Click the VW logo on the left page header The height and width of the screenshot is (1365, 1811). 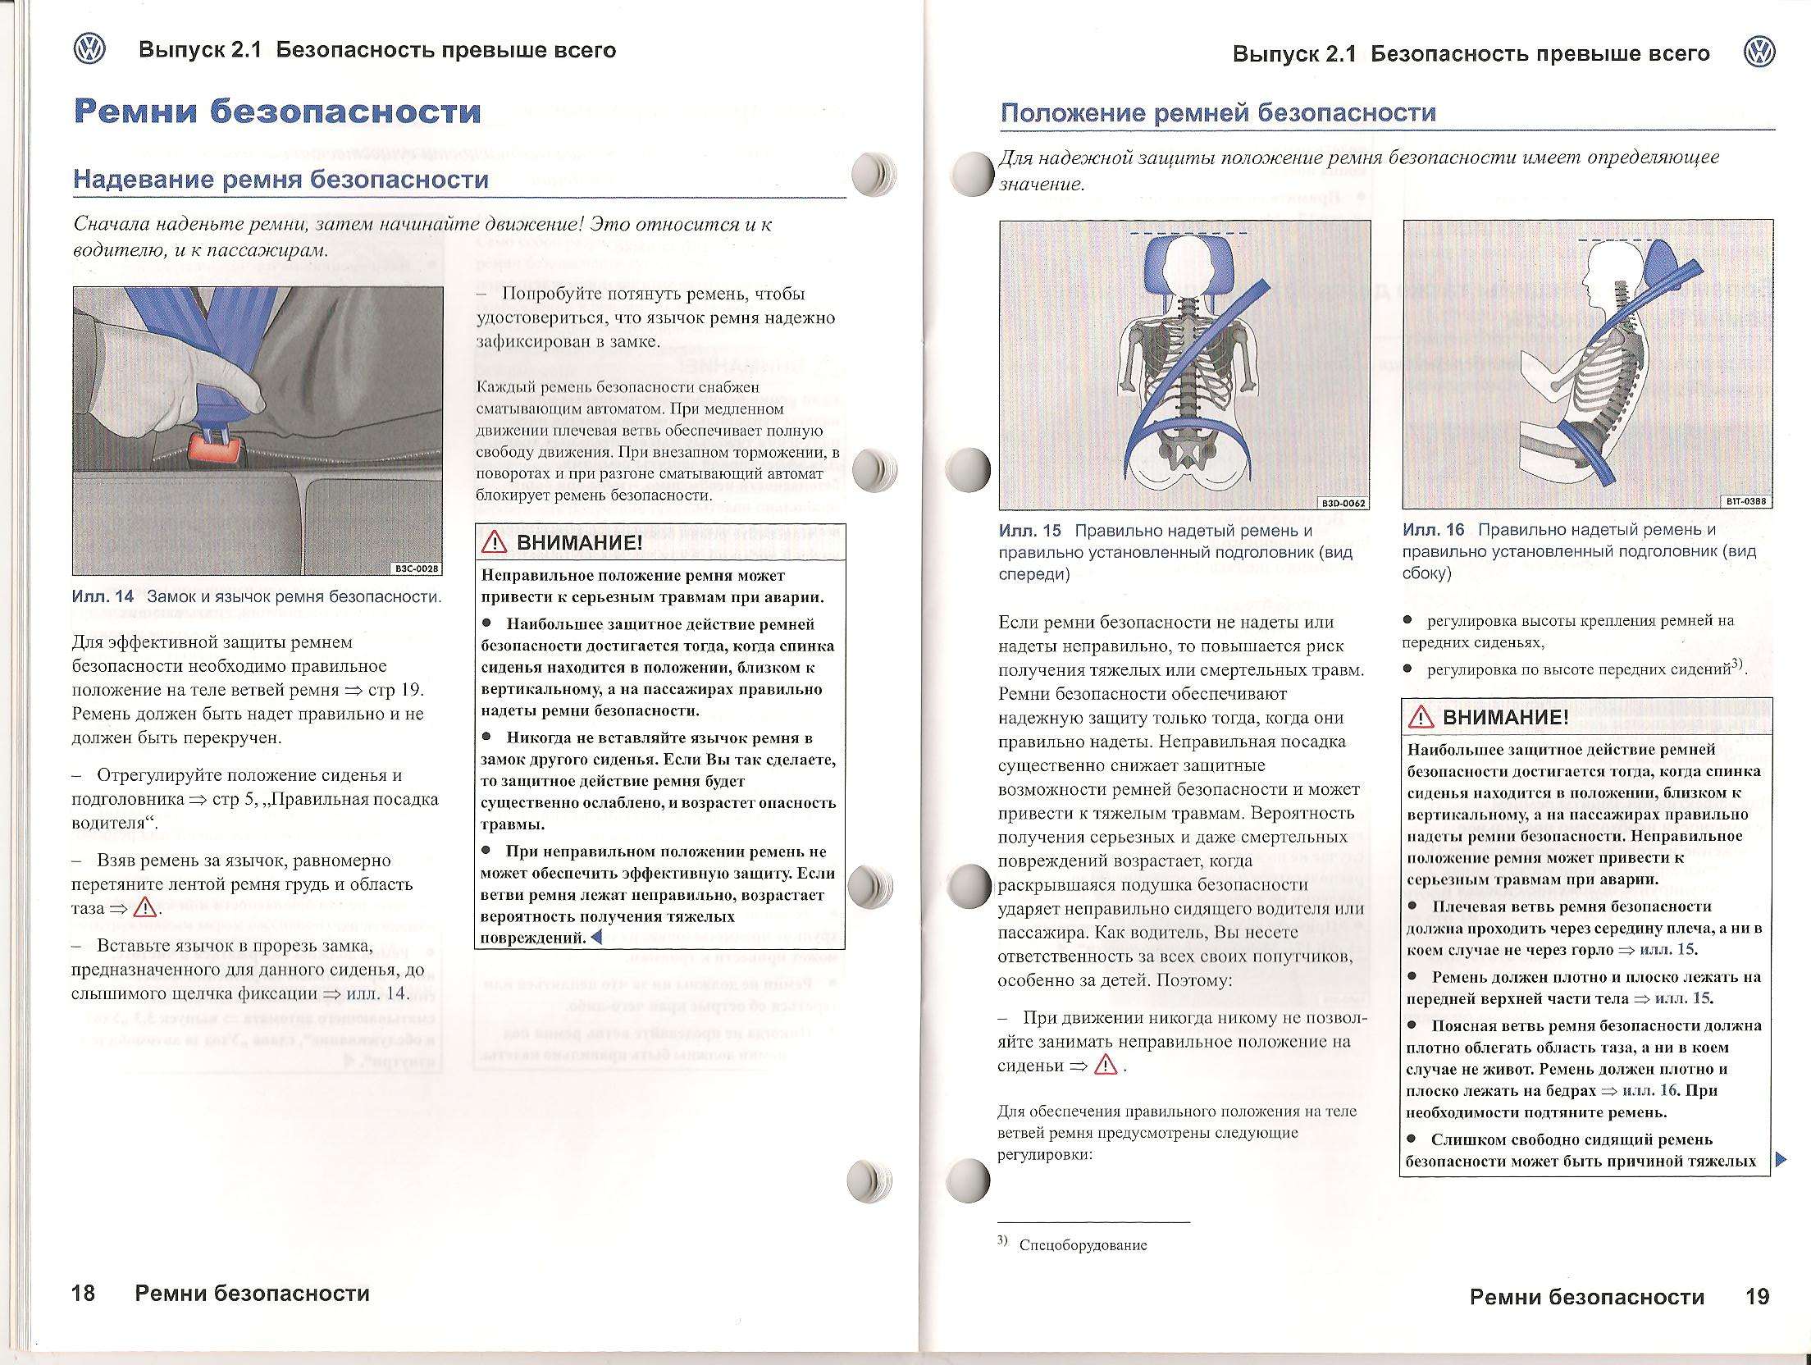tap(89, 50)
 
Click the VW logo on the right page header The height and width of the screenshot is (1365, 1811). tap(1759, 53)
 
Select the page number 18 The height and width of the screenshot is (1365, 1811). tap(84, 1294)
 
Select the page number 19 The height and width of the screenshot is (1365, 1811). tap(1758, 1297)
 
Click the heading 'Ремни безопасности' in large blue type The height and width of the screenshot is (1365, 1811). tap(277, 112)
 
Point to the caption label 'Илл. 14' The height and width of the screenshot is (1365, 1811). tap(103, 596)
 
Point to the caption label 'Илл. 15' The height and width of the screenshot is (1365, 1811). tap(1029, 531)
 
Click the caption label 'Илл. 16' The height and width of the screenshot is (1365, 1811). tap(1433, 530)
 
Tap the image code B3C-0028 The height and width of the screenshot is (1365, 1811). tap(417, 568)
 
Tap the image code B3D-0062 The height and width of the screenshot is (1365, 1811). tap(1343, 503)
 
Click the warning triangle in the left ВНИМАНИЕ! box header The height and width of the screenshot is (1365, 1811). tap(495, 542)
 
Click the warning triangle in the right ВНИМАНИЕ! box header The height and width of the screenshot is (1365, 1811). tap(1420, 718)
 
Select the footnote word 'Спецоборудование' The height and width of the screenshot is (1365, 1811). tap(1083, 1245)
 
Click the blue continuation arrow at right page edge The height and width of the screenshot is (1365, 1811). tap(1780, 1160)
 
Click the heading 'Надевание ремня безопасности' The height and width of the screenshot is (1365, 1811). tap(281, 180)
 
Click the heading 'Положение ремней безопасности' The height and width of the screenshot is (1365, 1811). tap(1218, 112)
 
